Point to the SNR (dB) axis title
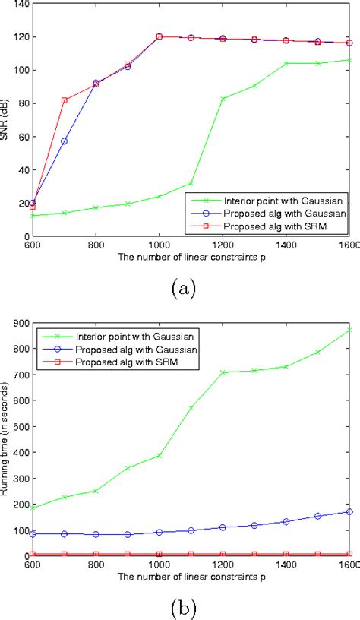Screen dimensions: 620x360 [9, 120]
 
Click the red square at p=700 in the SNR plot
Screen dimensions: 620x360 [65, 100]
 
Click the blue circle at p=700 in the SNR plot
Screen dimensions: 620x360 [65, 141]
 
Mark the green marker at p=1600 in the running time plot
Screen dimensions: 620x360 [350, 330]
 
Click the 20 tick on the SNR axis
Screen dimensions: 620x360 [17, 203]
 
